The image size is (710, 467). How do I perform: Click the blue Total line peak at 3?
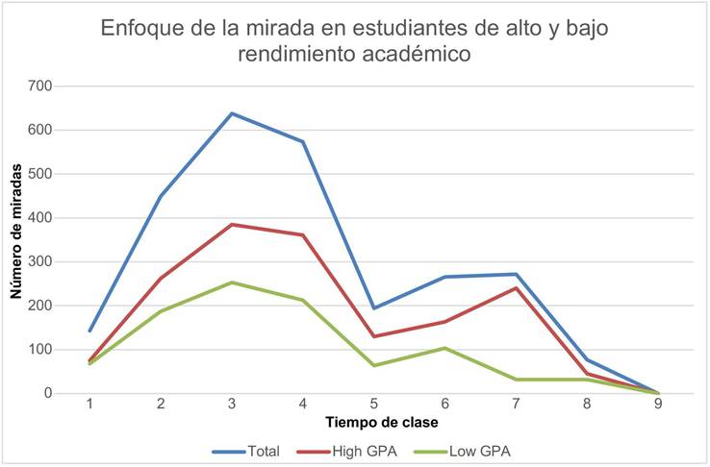pyautogui.click(x=232, y=113)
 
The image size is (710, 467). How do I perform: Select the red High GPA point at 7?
pyautogui.click(x=517, y=288)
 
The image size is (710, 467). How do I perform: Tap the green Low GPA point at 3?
pyautogui.click(x=232, y=283)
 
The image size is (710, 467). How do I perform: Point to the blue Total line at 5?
pyautogui.click(x=374, y=308)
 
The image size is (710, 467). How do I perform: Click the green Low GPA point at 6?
pyautogui.click(x=445, y=348)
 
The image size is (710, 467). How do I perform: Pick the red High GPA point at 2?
pyautogui.click(x=161, y=278)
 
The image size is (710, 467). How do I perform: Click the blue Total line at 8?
pyautogui.click(x=588, y=359)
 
